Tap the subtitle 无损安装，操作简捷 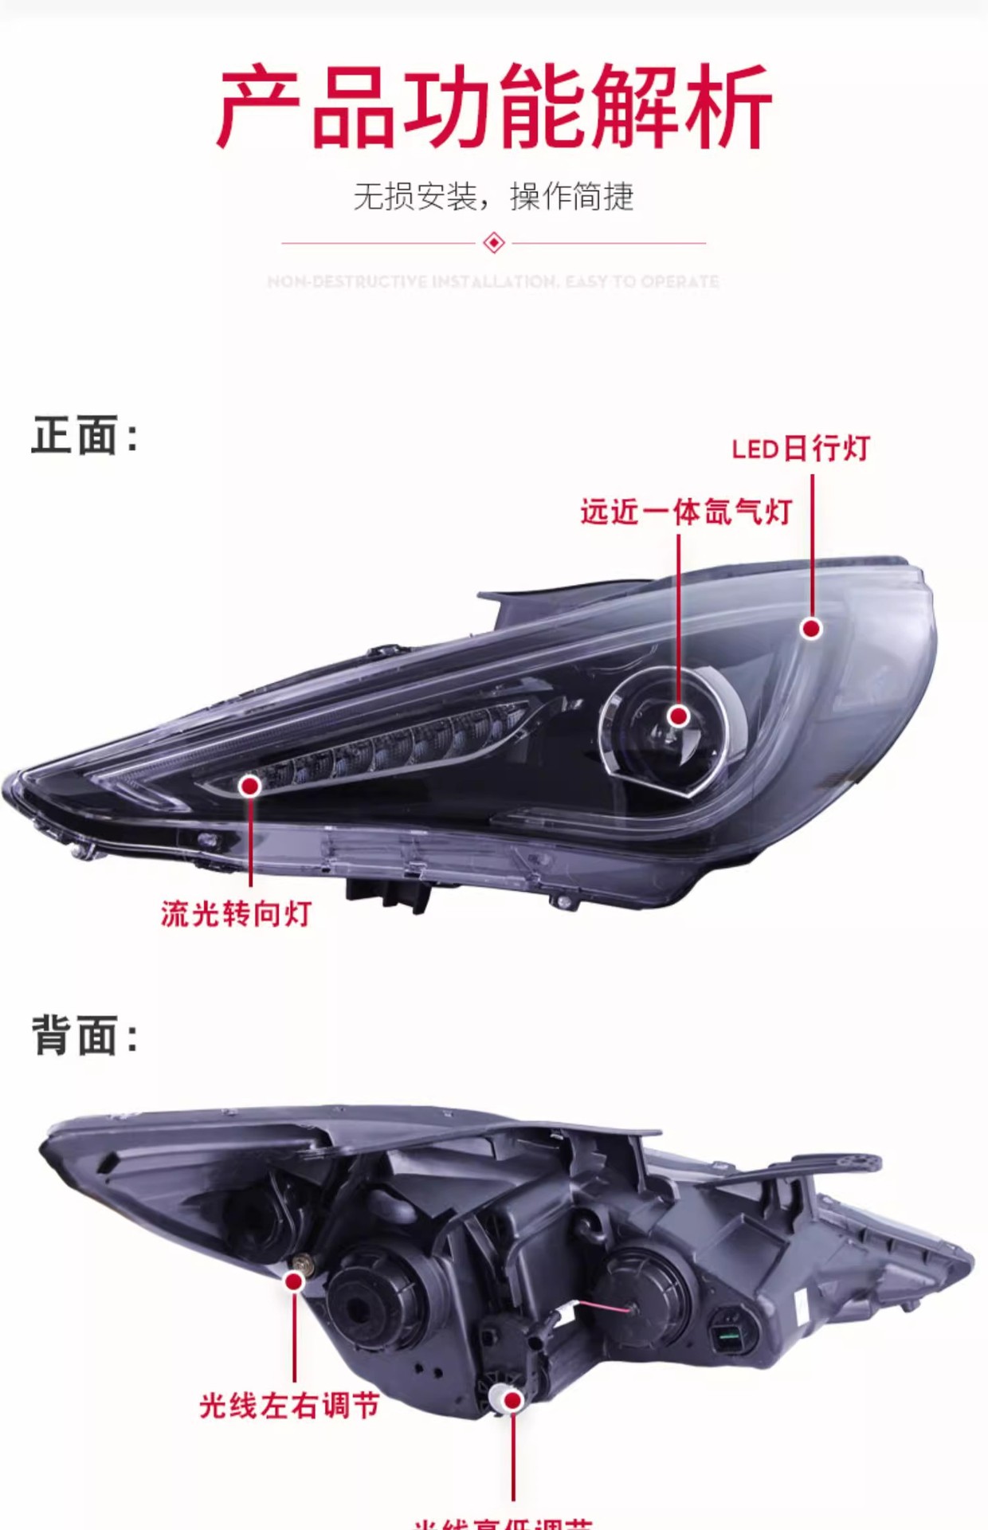click(493, 196)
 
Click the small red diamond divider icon click(494, 242)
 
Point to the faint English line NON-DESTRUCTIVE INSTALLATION click(493, 281)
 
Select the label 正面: click(84, 436)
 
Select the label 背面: click(84, 1036)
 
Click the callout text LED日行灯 click(800, 449)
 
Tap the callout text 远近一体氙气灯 click(685, 512)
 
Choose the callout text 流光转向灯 click(236, 913)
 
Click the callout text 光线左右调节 click(289, 1406)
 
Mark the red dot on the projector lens click(679, 716)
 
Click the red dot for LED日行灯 click(811, 629)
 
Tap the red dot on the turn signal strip click(250, 786)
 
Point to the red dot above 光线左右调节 click(294, 1281)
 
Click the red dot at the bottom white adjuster click(513, 1400)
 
